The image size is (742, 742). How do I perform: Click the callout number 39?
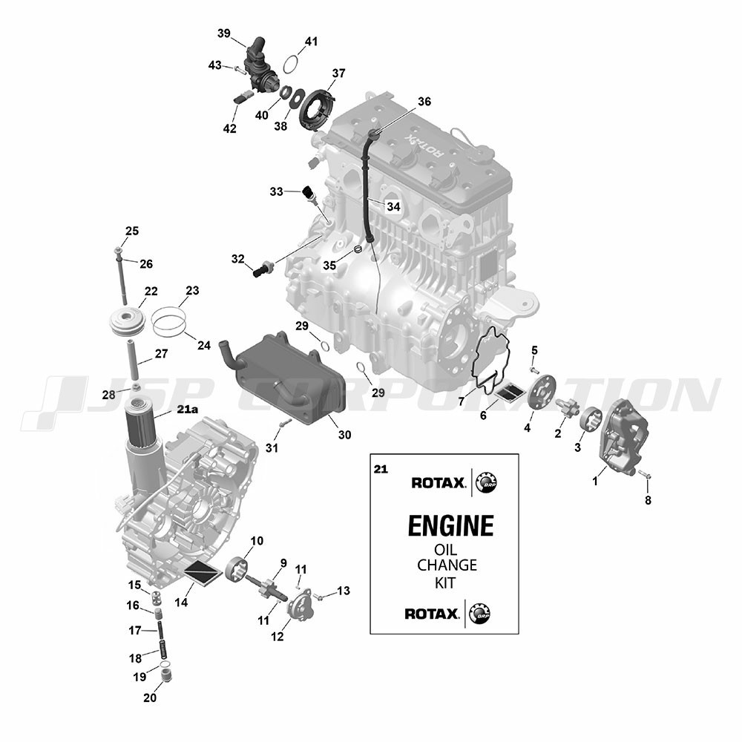pyautogui.click(x=224, y=33)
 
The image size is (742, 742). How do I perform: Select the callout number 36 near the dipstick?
pyautogui.click(x=424, y=102)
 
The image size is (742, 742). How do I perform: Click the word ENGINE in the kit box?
pyautogui.click(x=450, y=526)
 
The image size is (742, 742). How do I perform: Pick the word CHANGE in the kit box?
pyautogui.click(x=447, y=565)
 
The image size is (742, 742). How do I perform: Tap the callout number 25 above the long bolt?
pyautogui.click(x=132, y=231)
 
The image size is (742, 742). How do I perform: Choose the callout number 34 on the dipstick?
pyautogui.click(x=393, y=206)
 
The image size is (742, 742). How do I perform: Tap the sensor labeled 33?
pyautogui.click(x=309, y=193)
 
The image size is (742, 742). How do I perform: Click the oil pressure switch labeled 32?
pyautogui.click(x=263, y=269)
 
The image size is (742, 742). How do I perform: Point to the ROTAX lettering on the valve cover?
pyautogui.click(x=425, y=145)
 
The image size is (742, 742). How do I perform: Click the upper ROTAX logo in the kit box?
pyautogui.click(x=439, y=483)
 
